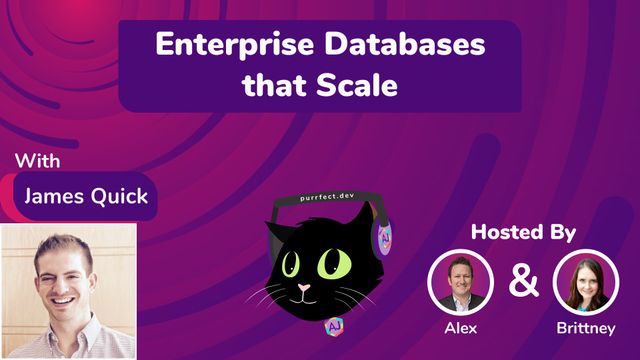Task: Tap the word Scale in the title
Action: (357, 85)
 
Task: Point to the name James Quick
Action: (86, 195)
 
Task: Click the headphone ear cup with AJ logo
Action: (384, 239)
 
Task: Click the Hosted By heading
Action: (524, 232)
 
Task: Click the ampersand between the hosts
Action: (522, 280)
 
